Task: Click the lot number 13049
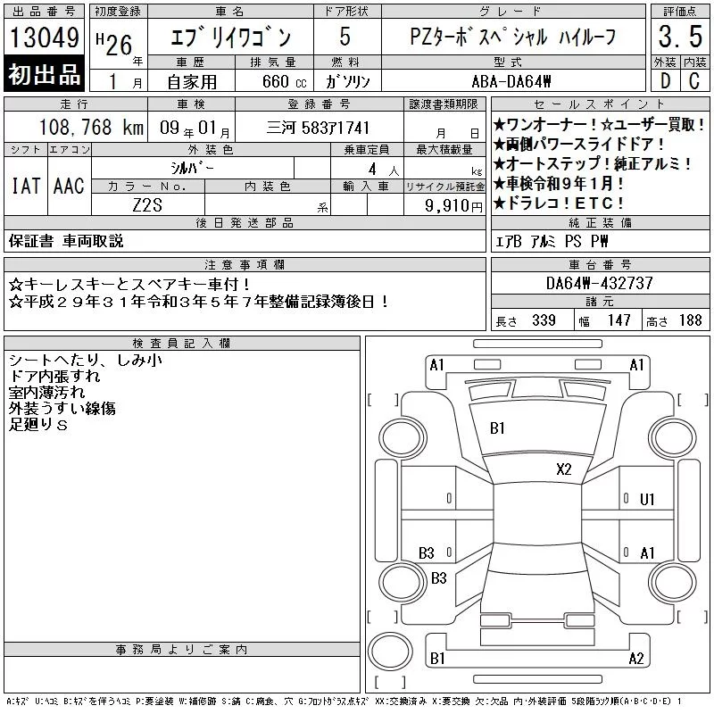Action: [x=44, y=37]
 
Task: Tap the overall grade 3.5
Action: [x=680, y=37]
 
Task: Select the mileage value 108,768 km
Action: [x=91, y=127]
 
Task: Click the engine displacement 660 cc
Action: [x=284, y=81]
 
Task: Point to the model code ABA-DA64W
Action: [x=511, y=81]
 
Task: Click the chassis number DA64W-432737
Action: [x=599, y=283]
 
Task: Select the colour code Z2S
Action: [x=147, y=205]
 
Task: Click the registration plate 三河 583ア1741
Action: [x=318, y=128]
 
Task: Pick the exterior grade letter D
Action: [x=665, y=81]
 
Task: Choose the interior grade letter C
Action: [x=694, y=81]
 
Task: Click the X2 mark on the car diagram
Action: [x=564, y=469]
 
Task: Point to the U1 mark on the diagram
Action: [x=647, y=500]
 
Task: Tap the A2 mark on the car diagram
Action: [x=636, y=659]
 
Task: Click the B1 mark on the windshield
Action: [x=497, y=428]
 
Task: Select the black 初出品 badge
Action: [x=44, y=74]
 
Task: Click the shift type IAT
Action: [x=26, y=186]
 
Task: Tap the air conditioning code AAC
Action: [x=69, y=186]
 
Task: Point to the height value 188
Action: [x=690, y=320]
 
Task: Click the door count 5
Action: [x=345, y=37]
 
